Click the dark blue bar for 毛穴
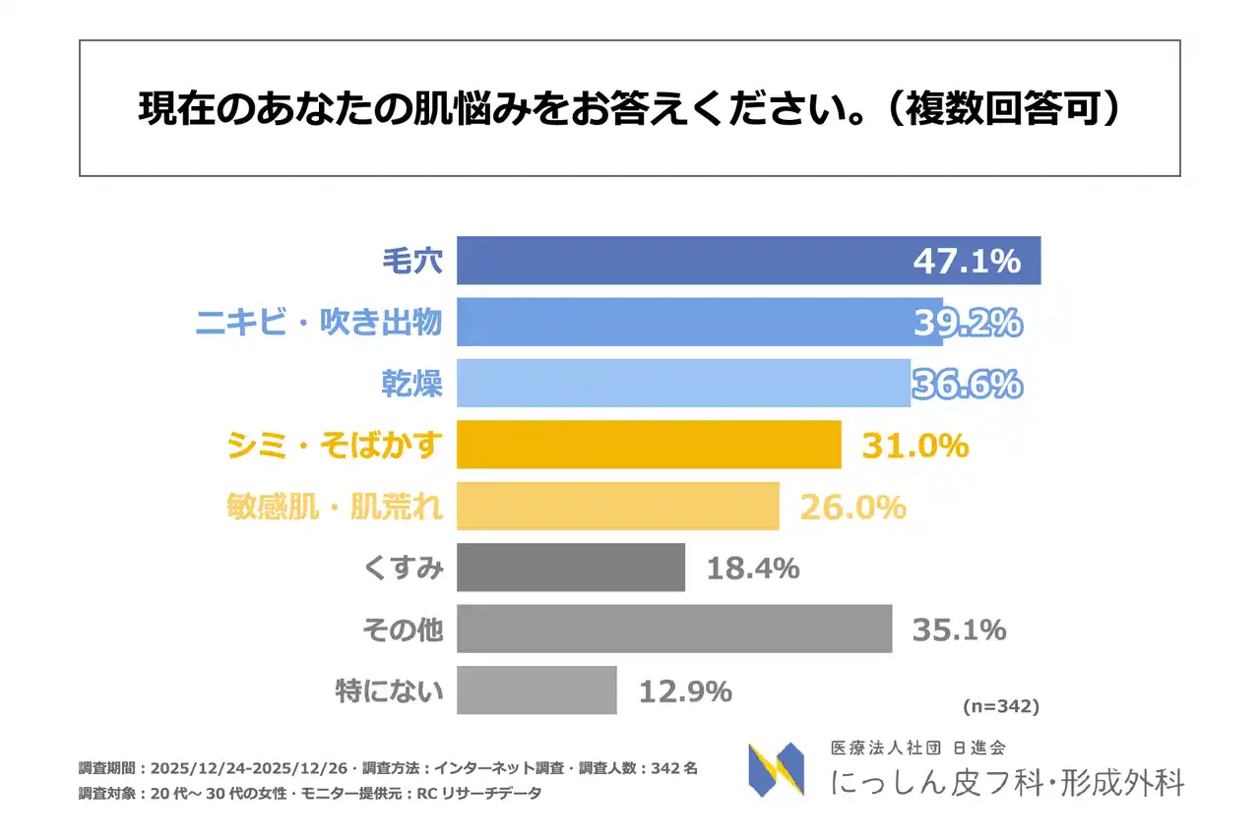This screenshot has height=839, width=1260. point(679,261)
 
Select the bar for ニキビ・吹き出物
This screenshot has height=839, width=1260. point(679,322)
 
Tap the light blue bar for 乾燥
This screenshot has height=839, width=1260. point(679,383)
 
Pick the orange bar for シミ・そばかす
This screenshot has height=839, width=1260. point(649,445)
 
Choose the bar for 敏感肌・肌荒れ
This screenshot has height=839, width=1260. point(618,506)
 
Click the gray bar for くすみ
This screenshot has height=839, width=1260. point(571,568)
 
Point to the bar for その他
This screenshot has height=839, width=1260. point(674,629)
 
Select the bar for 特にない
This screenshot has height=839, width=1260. point(536,690)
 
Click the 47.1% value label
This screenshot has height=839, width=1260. point(966,262)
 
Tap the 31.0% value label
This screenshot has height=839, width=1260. point(915,446)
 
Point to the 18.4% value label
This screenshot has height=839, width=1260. point(752,568)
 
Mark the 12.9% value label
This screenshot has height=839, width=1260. point(685,691)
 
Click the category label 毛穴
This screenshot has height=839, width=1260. point(412,261)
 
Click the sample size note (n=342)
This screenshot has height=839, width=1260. point(998,706)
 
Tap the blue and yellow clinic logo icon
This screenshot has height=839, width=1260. point(776,769)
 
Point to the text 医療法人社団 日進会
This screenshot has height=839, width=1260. point(917,749)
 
